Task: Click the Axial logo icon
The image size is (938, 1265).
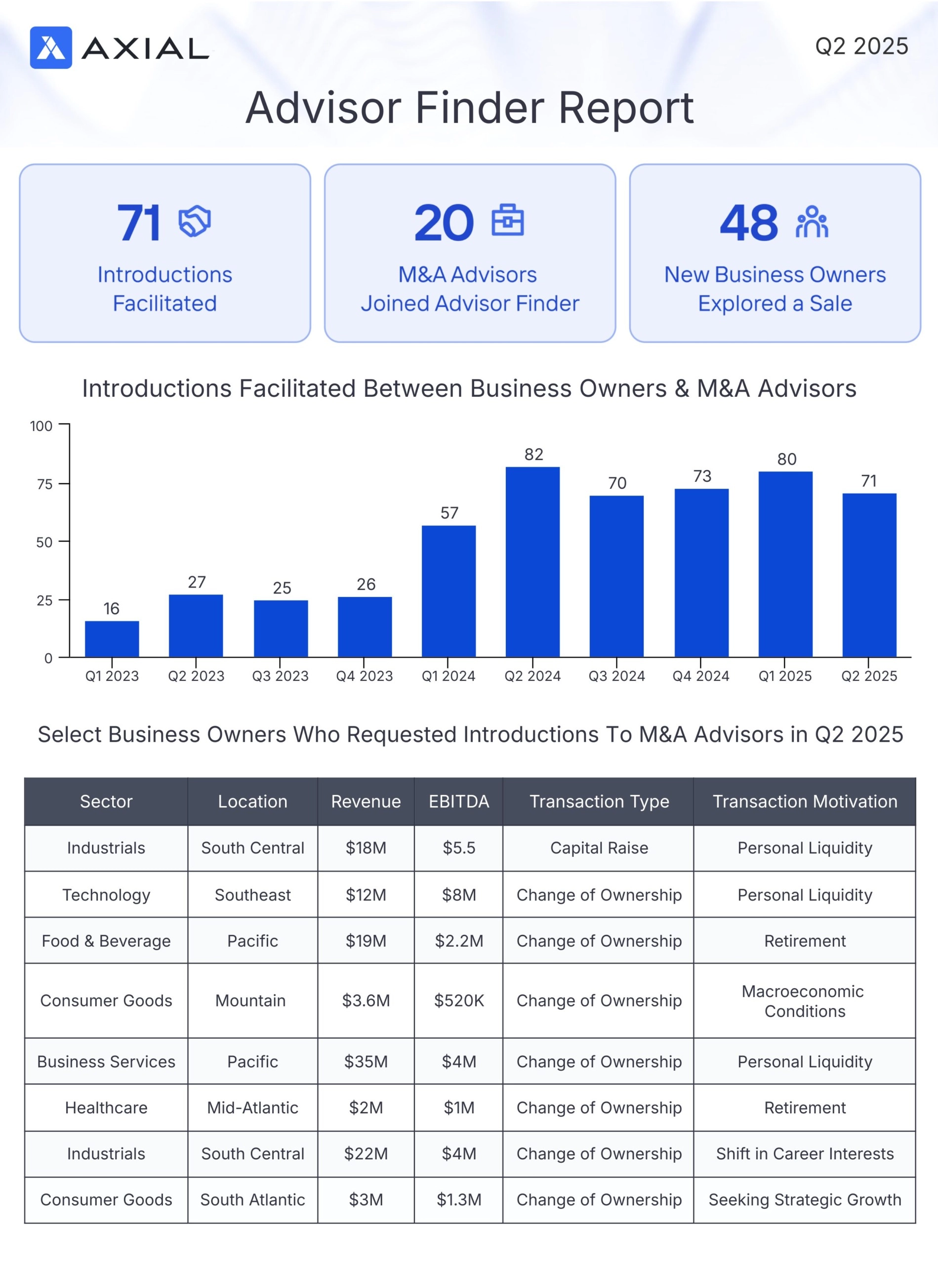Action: coord(50,48)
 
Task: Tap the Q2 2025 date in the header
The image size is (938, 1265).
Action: coord(861,46)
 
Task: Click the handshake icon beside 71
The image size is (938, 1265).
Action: coord(194,221)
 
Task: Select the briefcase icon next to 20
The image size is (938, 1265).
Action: coord(508,220)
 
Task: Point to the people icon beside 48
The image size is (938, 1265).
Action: coord(812,221)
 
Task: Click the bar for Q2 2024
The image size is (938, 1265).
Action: coord(532,562)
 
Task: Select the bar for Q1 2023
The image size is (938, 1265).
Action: coord(112,639)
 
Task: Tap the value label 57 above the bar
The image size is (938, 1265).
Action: coord(449,513)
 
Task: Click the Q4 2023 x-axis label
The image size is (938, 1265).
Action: coord(364,676)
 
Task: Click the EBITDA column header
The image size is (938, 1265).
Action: coord(459,801)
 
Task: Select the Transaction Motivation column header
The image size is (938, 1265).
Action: coord(805,801)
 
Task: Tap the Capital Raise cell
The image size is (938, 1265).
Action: coord(599,848)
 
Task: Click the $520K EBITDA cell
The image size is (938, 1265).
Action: coord(459,1000)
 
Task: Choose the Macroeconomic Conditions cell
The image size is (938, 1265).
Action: coord(805,1001)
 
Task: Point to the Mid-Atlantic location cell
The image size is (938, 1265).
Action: coord(253,1108)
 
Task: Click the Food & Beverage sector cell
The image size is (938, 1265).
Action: coord(106,941)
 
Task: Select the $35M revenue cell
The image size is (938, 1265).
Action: coord(366,1061)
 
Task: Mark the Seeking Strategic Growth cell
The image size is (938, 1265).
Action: coord(805,1200)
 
